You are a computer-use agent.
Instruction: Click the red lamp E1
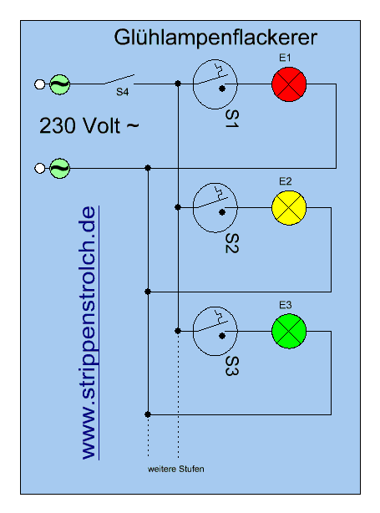pyautogui.click(x=289, y=84)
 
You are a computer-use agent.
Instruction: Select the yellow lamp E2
pyautogui.click(x=289, y=208)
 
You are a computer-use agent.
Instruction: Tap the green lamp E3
pyautogui.click(x=289, y=331)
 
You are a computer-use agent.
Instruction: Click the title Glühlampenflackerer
pyautogui.click(x=215, y=38)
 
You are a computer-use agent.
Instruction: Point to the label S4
pyautogui.click(x=122, y=92)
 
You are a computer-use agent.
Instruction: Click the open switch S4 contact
pyautogui.click(x=119, y=79)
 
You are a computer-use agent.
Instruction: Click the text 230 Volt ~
pyautogui.click(x=89, y=125)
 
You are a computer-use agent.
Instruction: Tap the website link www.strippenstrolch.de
pyautogui.click(x=89, y=333)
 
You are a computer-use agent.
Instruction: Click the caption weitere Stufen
pyautogui.click(x=176, y=469)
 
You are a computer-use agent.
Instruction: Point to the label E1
pyautogui.click(x=285, y=58)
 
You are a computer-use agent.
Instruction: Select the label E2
pyautogui.click(x=285, y=181)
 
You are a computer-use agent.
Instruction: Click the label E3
pyautogui.click(x=285, y=305)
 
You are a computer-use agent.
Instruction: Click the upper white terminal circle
pyautogui.click(x=39, y=84)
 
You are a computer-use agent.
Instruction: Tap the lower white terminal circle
pyautogui.click(x=39, y=168)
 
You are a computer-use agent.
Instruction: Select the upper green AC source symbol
pyautogui.click(x=59, y=84)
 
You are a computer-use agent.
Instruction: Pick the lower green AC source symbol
pyautogui.click(x=59, y=168)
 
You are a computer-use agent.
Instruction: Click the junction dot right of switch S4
pyautogui.click(x=178, y=84)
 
